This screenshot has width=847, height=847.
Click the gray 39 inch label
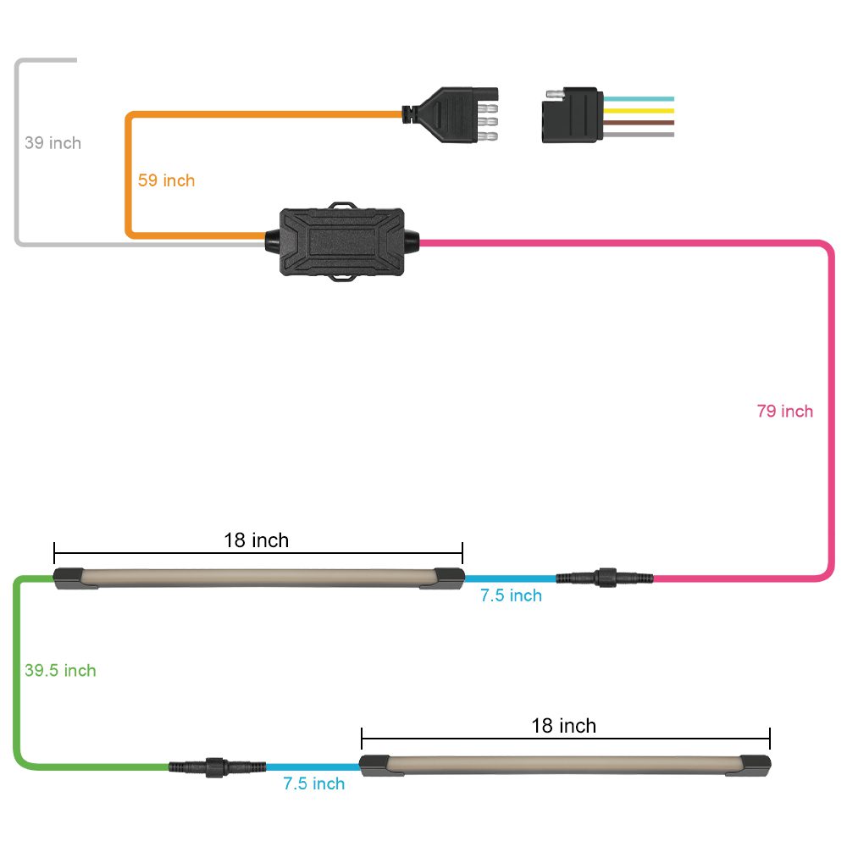[53, 142]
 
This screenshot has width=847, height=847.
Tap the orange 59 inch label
[166, 180]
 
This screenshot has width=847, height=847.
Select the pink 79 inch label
[785, 411]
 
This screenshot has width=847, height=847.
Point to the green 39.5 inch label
[60, 670]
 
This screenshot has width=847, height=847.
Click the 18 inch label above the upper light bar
[257, 540]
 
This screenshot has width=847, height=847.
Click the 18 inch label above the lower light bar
[564, 726]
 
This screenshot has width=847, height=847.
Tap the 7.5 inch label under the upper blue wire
[511, 595]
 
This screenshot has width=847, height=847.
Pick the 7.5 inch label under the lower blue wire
[314, 783]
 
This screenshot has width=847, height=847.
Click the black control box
[342, 241]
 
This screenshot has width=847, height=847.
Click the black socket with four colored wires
[573, 114]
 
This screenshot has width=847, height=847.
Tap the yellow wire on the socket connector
[639, 111]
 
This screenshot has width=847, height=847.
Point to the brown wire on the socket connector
[639, 123]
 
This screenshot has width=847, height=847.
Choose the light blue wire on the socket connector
[639, 99]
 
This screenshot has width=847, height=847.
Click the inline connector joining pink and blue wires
[605, 578]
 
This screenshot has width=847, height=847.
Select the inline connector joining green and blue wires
[217, 767]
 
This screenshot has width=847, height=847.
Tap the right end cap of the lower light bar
[756, 765]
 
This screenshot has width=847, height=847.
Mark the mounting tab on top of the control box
[343, 206]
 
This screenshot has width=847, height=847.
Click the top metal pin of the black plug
[487, 108]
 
